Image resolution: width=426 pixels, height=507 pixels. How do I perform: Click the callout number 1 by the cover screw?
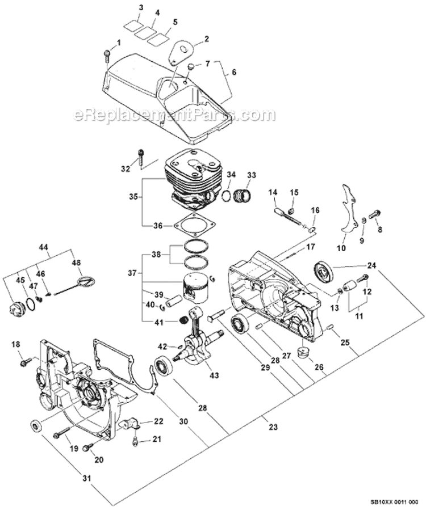pos(119,43)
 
